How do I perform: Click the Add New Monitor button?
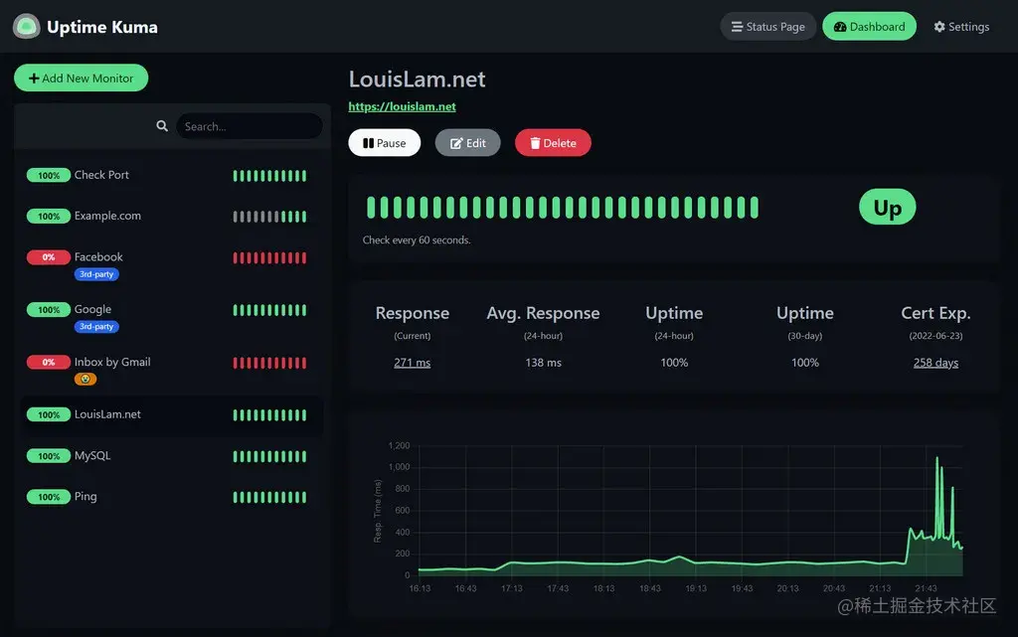81,79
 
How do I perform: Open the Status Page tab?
767,27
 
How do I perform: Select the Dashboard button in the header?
869,27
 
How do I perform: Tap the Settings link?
961,27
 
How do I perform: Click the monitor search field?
249,126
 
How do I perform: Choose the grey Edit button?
467,143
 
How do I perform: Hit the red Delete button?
553,143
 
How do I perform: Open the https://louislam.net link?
402,106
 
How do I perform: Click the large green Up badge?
887,207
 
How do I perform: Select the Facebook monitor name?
98,256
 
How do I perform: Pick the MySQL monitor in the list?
92,456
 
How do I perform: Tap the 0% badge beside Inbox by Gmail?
49,363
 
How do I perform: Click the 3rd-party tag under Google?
96,326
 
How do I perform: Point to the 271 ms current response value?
412,363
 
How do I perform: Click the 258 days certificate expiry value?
935,363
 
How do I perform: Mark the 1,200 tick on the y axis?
399,445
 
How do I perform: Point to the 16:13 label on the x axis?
420,588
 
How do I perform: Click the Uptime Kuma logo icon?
26,27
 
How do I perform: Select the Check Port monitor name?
101,175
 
